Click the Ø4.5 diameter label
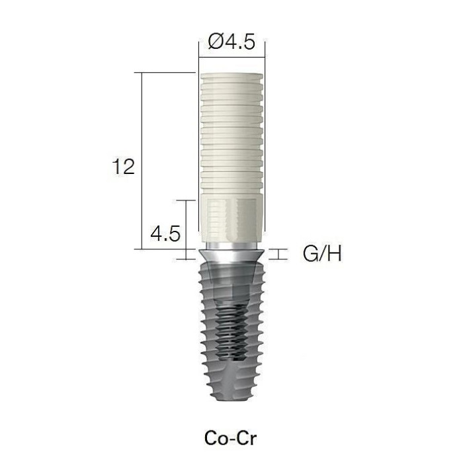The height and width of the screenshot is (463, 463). coord(232,42)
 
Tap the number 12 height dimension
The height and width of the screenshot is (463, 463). coord(123,166)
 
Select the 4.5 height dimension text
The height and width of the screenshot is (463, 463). coord(165,233)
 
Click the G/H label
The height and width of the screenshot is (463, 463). coord(322,253)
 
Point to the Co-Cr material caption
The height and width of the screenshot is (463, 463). coord(230,438)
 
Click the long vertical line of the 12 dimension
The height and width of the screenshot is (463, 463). coord(142,161)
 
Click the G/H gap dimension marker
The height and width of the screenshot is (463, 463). coord(278,255)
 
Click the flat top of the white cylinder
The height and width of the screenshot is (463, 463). coord(232,75)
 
